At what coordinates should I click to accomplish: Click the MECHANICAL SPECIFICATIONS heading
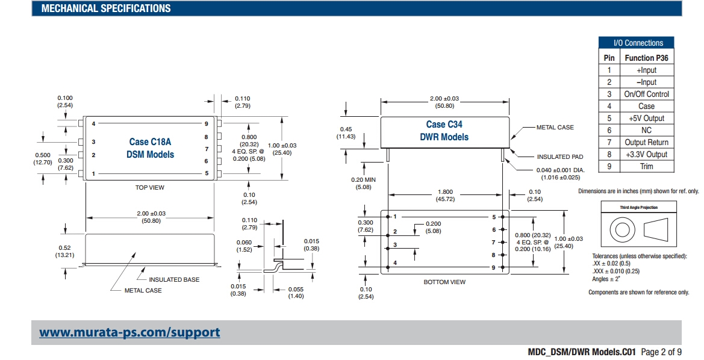coord(106,8)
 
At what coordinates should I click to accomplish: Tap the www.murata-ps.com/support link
coord(129,332)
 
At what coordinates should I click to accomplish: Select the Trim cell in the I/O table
coord(647,166)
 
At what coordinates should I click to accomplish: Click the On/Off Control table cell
coord(647,94)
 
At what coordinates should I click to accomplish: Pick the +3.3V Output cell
coord(647,154)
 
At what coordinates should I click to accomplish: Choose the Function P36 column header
coord(647,58)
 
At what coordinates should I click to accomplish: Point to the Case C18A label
coord(150,142)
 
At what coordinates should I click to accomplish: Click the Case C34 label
coord(444,125)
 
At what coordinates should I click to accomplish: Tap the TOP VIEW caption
coord(150,188)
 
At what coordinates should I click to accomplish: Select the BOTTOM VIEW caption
coord(444,282)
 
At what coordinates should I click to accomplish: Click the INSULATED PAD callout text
coord(562,157)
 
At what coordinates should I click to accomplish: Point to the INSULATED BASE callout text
coord(174,279)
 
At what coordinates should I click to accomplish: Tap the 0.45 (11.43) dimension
coord(346,132)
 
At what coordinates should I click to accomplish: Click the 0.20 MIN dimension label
coord(363,183)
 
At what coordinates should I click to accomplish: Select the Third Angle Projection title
coord(639,207)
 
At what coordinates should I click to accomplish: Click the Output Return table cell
coord(647,142)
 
